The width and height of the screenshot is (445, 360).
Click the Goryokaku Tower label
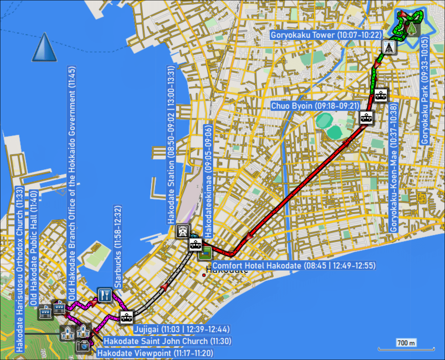[x=326, y=35]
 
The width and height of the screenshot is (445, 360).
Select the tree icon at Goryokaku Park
[x=412, y=28]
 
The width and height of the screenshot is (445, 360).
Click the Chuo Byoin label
[x=316, y=106]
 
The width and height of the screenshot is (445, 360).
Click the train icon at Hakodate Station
[x=183, y=231]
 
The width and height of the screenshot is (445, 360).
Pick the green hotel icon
[x=205, y=253]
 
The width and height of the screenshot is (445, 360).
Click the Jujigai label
[x=181, y=329]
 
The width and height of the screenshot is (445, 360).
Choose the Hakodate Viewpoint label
[x=155, y=353]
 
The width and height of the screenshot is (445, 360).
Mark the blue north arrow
[x=44, y=47]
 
